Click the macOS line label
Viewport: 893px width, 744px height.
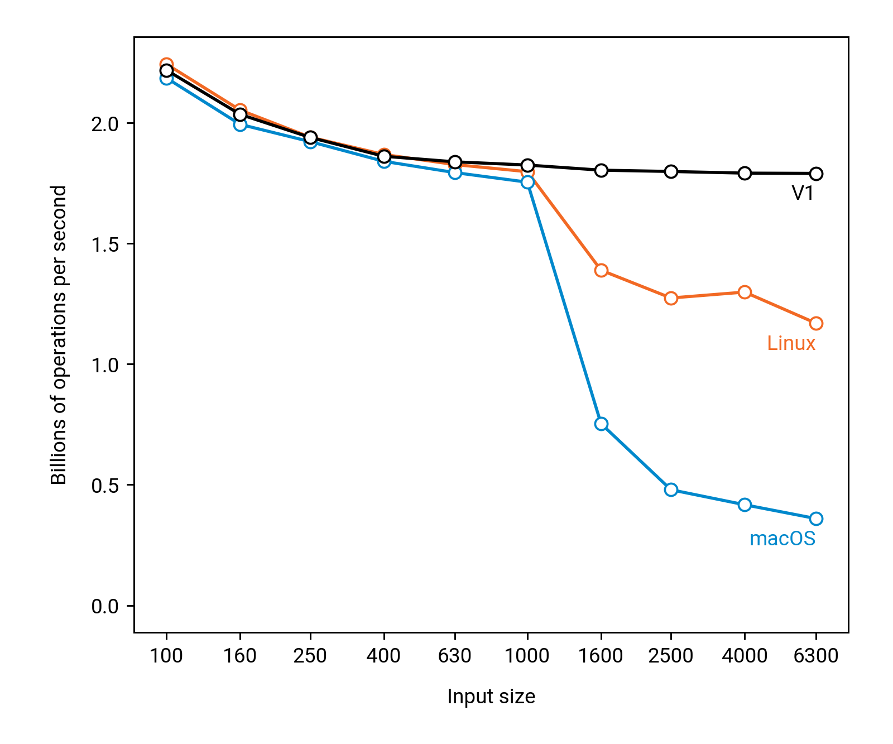[x=782, y=539]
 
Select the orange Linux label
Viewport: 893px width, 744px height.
[x=791, y=343]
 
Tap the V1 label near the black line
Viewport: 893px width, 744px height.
[x=803, y=193]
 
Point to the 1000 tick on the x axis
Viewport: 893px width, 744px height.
[x=527, y=655]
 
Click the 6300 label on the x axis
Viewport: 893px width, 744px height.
[x=815, y=655]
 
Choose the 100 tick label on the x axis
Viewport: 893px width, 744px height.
[x=166, y=655]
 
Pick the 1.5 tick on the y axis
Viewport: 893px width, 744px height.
[x=105, y=244]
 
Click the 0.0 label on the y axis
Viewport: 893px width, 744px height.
[x=105, y=606]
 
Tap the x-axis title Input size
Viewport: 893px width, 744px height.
[x=491, y=697]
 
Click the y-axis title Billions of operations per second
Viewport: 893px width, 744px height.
[x=59, y=335]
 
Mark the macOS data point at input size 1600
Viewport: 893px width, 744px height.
[x=601, y=424]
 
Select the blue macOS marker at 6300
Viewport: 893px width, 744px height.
[x=816, y=519]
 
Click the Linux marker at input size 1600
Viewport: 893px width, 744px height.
[x=601, y=270]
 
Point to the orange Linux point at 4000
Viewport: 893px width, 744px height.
[x=745, y=292]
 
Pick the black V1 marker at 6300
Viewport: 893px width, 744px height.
[x=816, y=174]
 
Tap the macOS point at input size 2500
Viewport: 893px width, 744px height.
[x=671, y=489]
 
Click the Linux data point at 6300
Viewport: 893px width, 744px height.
[x=816, y=323]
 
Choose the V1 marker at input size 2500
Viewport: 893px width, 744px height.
[x=671, y=171]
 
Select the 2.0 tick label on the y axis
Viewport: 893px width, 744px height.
[x=105, y=123]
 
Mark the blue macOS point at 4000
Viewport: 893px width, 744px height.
[x=745, y=505]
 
